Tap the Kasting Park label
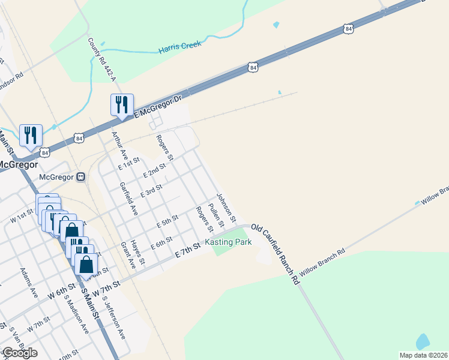click(x=228, y=242)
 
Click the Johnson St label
click(x=227, y=207)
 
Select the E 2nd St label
click(x=154, y=172)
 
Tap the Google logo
click(x=19, y=353)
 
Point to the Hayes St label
click(x=139, y=252)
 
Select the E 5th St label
click(x=167, y=221)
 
